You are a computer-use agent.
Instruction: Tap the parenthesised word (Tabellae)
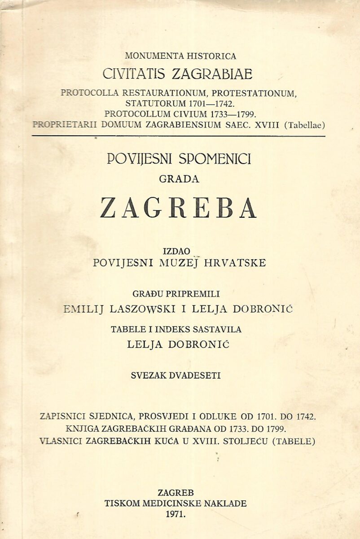pyautogui.click(x=303, y=125)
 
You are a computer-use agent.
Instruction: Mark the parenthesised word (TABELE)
pyautogui.click(x=294, y=441)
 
